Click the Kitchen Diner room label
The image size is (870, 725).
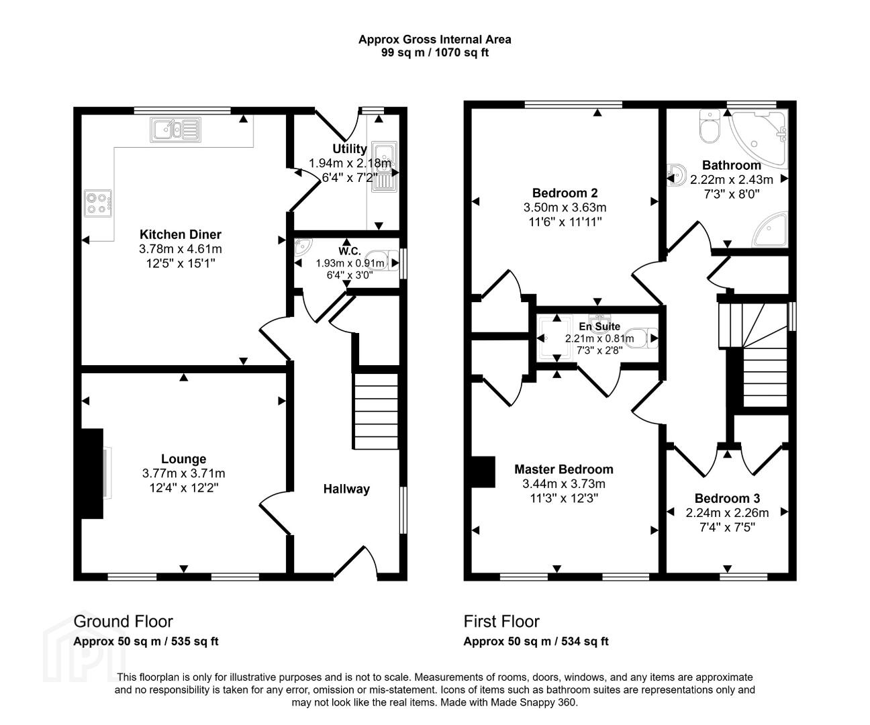coord(181,234)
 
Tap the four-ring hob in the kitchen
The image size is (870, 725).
coord(98,203)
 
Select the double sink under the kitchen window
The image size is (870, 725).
coord(176,129)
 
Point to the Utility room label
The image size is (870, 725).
coord(350,149)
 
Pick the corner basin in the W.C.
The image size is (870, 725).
coord(303,246)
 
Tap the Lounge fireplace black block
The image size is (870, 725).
coord(92,474)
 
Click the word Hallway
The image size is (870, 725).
coord(346,489)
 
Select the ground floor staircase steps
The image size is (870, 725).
coord(376,411)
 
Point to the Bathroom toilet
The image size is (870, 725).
coord(710,126)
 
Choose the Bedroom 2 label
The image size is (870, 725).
coord(565,193)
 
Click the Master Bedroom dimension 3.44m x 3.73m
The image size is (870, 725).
coord(564,484)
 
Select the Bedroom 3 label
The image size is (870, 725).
coord(727,498)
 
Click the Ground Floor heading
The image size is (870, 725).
coord(124,622)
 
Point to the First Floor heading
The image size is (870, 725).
coord(501,622)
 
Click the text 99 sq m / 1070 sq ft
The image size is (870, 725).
coord(435,53)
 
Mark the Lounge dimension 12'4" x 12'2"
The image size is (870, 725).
coord(184,487)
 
